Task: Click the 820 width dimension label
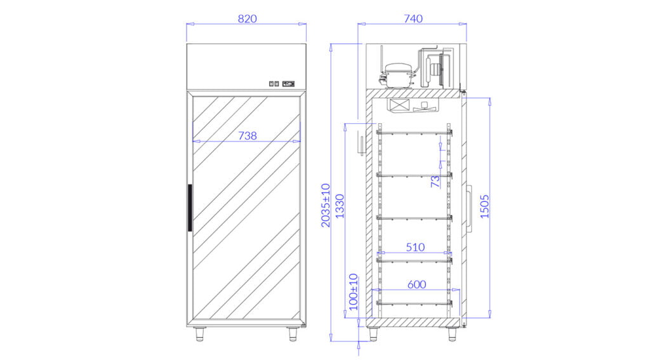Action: pyautogui.click(x=247, y=18)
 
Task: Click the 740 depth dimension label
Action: pyautogui.click(x=413, y=18)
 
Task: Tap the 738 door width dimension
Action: pyautogui.click(x=248, y=136)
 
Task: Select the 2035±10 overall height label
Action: pyautogui.click(x=326, y=205)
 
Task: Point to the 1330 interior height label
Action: pyautogui.click(x=340, y=206)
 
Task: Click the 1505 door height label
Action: pyautogui.click(x=484, y=206)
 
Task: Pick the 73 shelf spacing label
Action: pyautogui.click(x=435, y=181)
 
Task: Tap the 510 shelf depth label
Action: pyautogui.click(x=415, y=247)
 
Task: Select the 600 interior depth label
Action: pyautogui.click(x=416, y=284)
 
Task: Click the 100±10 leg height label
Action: pyautogui.click(x=353, y=291)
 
